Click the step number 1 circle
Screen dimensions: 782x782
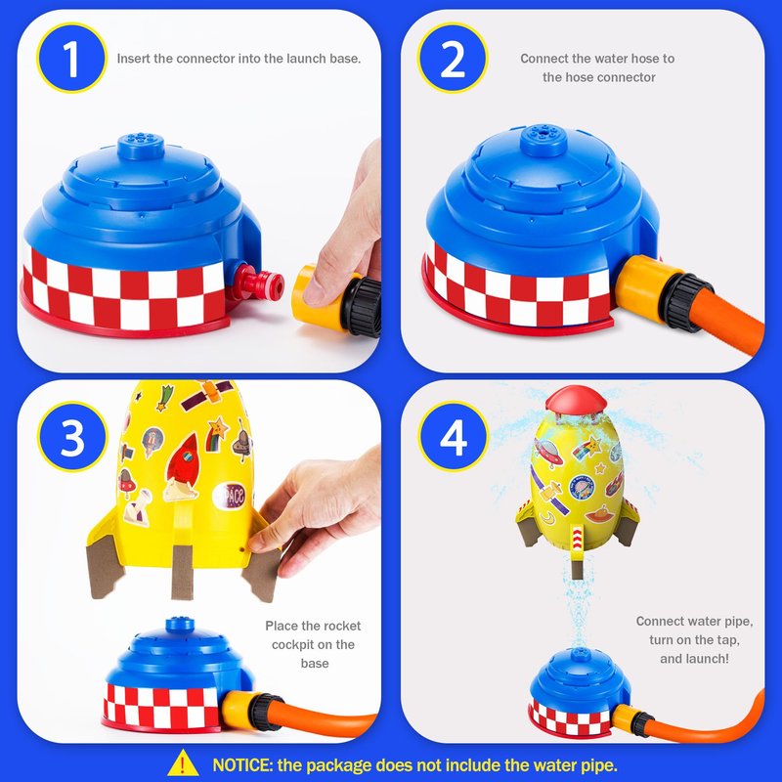[71, 59]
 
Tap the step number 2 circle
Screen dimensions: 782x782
[453, 59]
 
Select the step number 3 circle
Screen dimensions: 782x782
[72, 437]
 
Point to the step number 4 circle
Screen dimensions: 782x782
[454, 437]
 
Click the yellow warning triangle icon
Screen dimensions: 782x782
[183, 763]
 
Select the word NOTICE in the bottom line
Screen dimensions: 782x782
[240, 765]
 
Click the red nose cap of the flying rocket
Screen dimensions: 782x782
[576, 400]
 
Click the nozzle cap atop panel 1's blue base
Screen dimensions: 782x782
[141, 146]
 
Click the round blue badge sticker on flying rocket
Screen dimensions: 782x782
[583, 487]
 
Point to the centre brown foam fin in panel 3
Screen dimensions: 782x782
[182, 572]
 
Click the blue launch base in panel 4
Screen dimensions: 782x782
[579, 691]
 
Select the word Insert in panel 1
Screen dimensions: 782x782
[134, 59]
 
